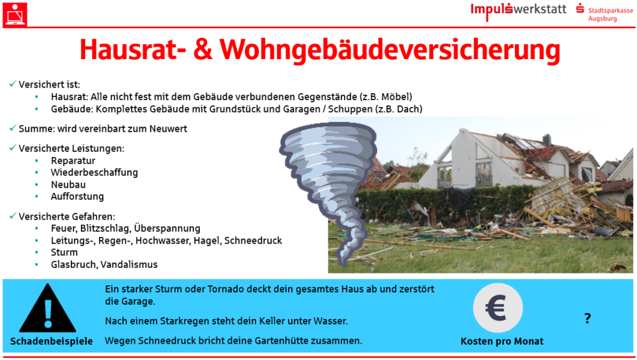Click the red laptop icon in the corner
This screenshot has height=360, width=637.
coord(15,14)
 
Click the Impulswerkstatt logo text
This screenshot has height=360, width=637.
coord(518,10)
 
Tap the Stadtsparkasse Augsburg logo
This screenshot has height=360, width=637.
coord(605,12)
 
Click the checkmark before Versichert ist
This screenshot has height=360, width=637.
coord(12,83)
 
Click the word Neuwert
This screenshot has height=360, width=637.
coord(168,129)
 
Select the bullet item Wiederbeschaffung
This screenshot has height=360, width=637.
coord(95,172)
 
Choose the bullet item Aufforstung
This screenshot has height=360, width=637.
coord(77,196)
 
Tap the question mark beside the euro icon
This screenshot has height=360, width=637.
coord(587,318)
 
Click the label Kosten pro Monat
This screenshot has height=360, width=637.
coord(502,341)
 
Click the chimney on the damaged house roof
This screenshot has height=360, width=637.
coord(547,139)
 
